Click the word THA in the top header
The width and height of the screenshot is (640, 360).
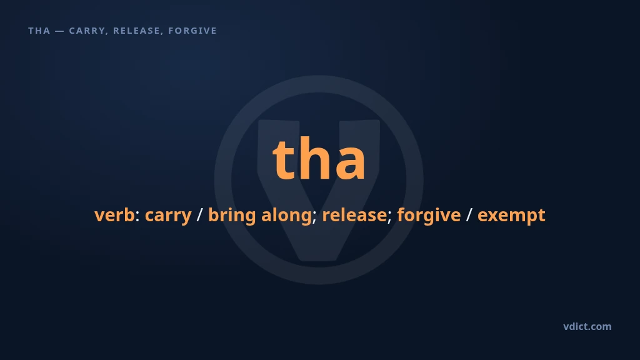pyautogui.click(x=39, y=31)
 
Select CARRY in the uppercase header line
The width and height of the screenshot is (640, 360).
pyautogui.click(x=87, y=31)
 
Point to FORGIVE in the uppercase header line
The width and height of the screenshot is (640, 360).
pyautogui.click(x=192, y=31)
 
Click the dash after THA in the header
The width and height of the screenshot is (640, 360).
pyautogui.click(x=59, y=31)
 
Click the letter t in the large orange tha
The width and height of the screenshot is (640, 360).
pyautogui.click(x=284, y=159)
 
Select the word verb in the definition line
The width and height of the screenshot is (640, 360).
pyautogui.click(x=114, y=215)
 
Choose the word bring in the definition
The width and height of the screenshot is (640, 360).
pyautogui.click(x=232, y=216)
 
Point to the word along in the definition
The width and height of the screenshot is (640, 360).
pyautogui.click(x=286, y=216)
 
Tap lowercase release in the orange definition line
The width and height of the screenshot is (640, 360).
pyautogui.click(x=354, y=215)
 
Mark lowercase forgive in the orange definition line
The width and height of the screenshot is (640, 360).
pyautogui.click(x=429, y=216)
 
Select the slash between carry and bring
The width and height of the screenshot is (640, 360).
pyautogui.click(x=199, y=215)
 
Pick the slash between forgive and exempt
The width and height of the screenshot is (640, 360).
pyautogui.click(x=469, y=215)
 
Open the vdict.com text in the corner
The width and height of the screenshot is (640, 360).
pyautogui.click(x=587, y=326)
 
